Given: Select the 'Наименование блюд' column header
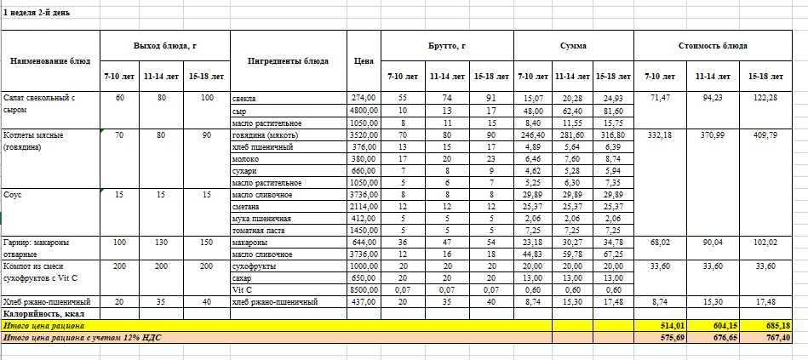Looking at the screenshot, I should click(50, 60).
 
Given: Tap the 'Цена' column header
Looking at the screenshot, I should click(363, 60).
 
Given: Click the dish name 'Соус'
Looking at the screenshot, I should click(14, 195).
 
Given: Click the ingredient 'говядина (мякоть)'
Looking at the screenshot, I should click(265, 134).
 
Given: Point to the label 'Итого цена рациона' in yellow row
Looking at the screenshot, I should click(43, 326).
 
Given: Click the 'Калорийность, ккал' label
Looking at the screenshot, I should click(43, 314).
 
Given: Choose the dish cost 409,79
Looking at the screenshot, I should click(763, 134).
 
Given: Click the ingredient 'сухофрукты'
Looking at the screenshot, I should click(254, 266).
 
